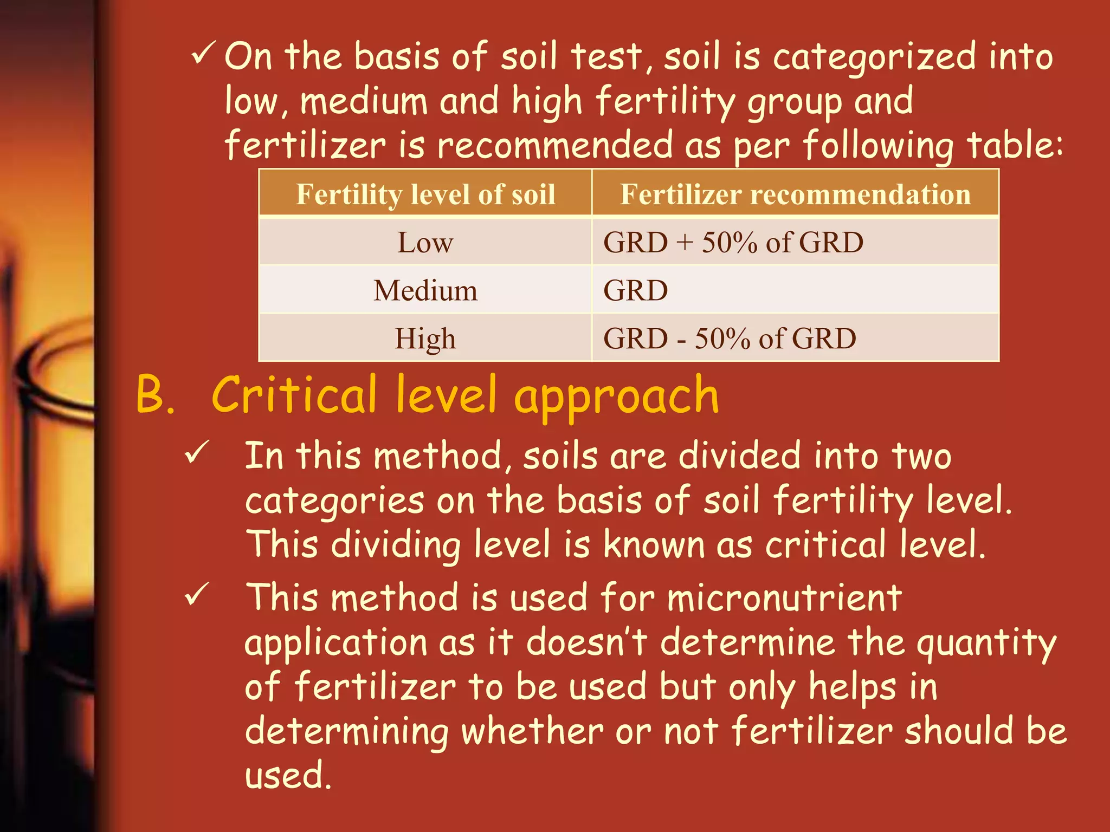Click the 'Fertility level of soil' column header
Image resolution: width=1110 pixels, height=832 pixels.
click(425, 194)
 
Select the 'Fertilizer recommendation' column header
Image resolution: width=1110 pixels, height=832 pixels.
click(795, 194)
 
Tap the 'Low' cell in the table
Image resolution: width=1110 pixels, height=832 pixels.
click(425, 242)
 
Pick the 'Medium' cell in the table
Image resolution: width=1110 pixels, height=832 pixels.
click(425, 290)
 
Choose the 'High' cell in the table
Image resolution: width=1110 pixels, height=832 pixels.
click(425, 339)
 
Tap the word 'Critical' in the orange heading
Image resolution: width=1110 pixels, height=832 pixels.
click(294, 394)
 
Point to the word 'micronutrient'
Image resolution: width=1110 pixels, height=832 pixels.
click(784, 598)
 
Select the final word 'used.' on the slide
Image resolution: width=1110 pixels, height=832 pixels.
click(288, 775)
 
